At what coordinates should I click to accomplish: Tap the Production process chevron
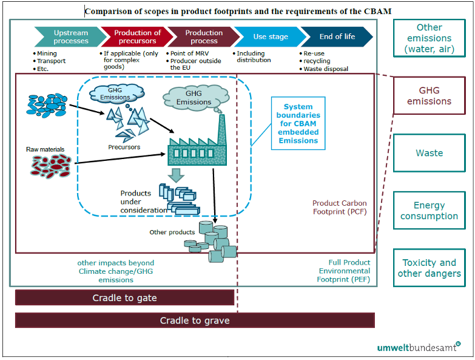[203, 36]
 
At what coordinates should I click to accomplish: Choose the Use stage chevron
[270, 36]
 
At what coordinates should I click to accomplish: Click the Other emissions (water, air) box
[429, 39]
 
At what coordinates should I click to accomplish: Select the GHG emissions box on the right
[429, 96]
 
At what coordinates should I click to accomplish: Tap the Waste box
[429, 153]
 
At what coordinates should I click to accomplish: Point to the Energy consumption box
[429, 211]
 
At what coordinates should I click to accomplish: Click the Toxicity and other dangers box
[429, 268]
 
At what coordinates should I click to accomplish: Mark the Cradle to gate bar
[124, 297]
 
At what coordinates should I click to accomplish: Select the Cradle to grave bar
[195, 320]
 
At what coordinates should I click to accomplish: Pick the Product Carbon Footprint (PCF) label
[339, 208]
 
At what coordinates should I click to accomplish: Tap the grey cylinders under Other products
[212, 242]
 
